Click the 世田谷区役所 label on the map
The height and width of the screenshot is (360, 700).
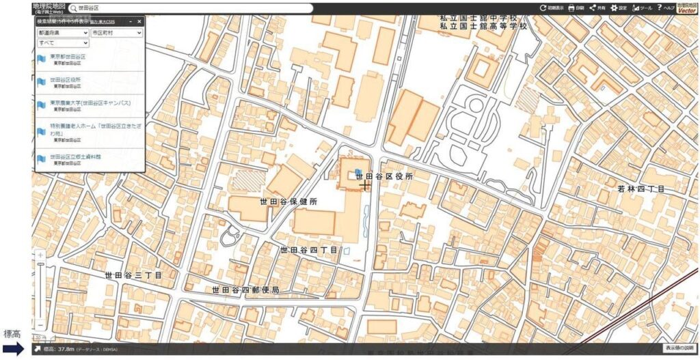[384, 176]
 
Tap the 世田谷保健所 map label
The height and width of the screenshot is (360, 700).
[288, 202]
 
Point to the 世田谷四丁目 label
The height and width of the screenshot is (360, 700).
[309, 250]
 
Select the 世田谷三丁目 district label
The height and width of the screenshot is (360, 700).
[133, 275]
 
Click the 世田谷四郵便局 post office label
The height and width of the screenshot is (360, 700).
[245, 290]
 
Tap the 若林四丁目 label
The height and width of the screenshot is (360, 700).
[641, 189]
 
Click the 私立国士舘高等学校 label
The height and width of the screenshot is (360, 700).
[483, 26]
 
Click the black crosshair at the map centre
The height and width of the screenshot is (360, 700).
[365, 185]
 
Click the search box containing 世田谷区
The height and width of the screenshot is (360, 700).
[191, 8]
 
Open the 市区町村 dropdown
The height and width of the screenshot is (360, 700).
[116, 32]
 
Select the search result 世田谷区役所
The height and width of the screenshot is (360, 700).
[65, 80]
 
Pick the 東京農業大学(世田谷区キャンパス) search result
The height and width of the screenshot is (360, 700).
[90, 103]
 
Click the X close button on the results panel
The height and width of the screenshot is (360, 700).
[139, 22]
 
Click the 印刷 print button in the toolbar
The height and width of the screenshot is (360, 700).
[576, 8]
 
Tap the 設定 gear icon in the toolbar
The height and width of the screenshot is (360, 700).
[618, 8]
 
